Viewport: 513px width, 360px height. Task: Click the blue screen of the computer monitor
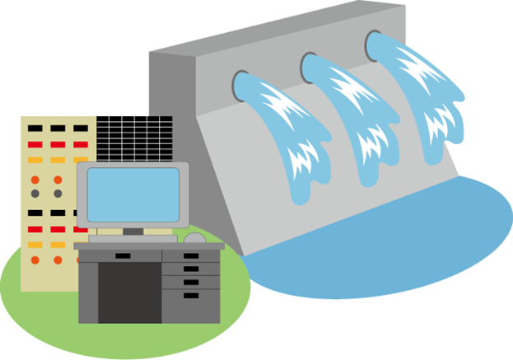click(x=132, y=194)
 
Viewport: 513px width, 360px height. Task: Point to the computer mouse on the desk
click(x=195, y=238)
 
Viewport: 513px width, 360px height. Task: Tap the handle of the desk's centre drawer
click(x=122, y=255)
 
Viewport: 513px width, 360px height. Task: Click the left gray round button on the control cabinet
click(x=35, y=194)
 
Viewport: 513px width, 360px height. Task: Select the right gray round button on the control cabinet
click(x=58, y=194)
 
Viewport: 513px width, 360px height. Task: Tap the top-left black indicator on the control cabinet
click(x=35, y=129)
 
